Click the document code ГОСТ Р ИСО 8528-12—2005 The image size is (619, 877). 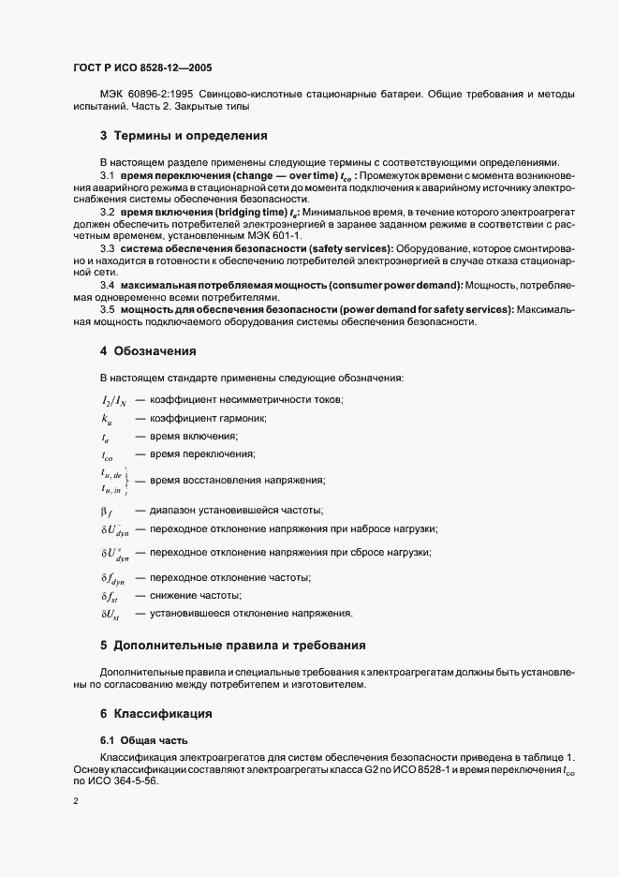(148, 68)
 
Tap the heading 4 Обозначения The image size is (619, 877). (148, 352)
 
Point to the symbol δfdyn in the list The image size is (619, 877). (112, 578)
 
